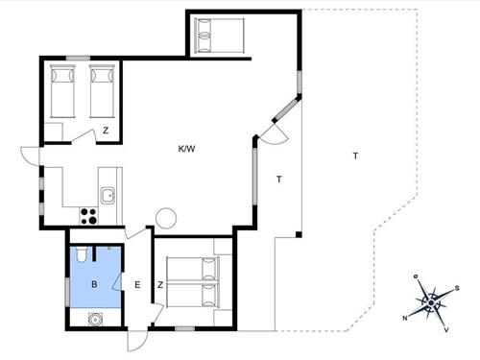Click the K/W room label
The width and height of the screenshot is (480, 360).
(x=186, y=149)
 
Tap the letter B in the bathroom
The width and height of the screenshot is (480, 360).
(x=94, y=285)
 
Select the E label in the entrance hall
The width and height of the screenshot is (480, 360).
(x=137, y=285)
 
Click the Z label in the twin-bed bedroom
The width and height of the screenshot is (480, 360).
(x=106, y=132)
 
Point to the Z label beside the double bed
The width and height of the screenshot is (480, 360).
(x=160, y=285)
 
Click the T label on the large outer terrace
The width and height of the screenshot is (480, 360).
(x=355, y=156)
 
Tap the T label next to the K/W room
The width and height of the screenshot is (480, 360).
(x=279, y=179)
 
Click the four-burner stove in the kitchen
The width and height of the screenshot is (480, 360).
(x=87, y=216)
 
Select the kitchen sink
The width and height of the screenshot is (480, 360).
(x=108, y=196)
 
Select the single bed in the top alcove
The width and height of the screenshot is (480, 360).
(x=218, y=36)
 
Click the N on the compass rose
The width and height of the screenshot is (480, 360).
(x=406, y=318)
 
